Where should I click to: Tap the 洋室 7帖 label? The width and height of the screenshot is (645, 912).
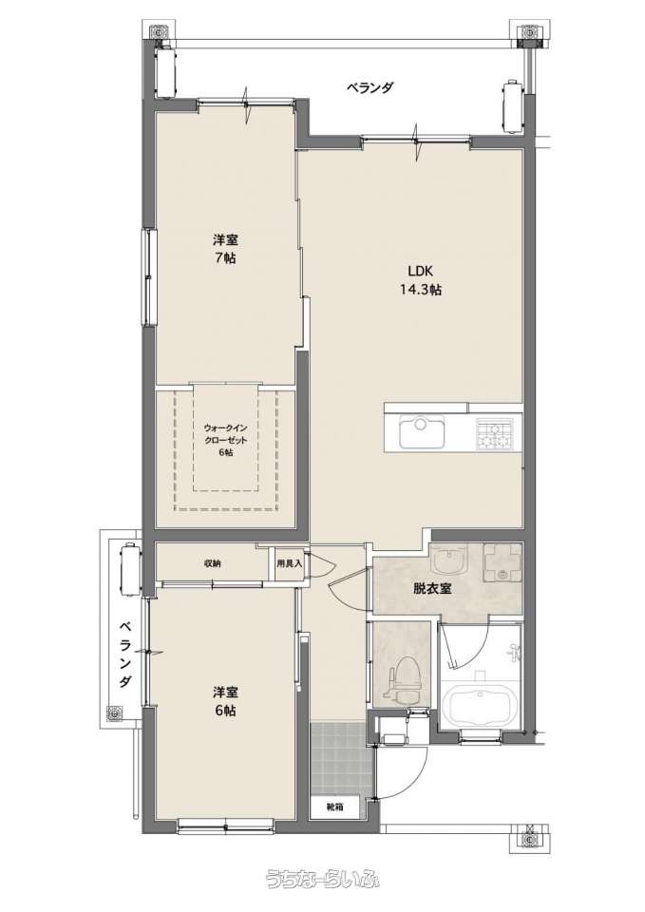[x=224, y=248]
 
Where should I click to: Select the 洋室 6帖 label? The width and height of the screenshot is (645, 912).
[x=224, y=701]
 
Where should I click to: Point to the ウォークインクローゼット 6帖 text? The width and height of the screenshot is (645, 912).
[x=226, y=440]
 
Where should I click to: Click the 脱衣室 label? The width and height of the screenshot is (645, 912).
[x=432, y=588]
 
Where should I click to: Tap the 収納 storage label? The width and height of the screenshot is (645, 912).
[x=212, y=563]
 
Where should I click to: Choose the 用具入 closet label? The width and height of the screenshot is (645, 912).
[x=289, y=563]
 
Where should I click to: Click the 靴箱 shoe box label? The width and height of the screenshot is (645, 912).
[x=333, y=807]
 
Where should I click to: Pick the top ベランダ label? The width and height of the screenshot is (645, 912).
[x=370, y=87]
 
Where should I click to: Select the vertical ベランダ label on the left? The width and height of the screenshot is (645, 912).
[x=124, y=655]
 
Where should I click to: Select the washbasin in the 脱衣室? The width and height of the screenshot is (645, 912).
[x=449, y=560]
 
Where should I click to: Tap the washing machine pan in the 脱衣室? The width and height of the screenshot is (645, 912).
[x=502, y=562]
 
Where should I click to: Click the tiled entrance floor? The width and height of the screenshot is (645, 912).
[x=341, y=758]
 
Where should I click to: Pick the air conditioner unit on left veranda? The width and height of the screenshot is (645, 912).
[x=130, y=570]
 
